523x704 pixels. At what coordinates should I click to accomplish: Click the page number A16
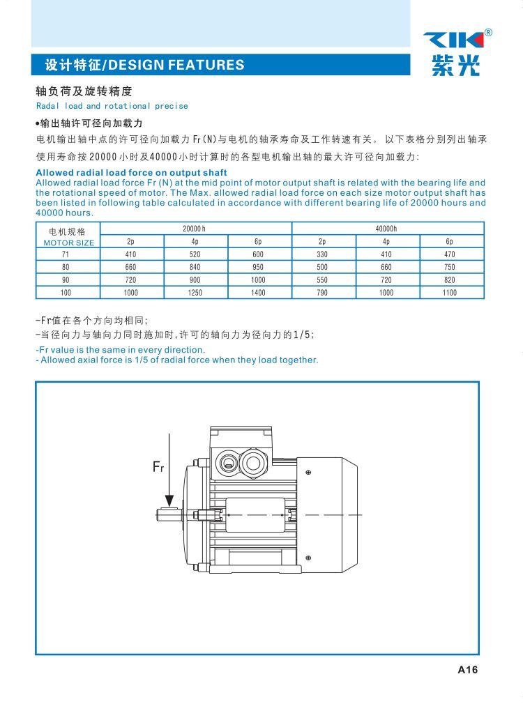(x=467, y=671)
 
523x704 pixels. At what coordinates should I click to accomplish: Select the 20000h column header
(x=195, y=229)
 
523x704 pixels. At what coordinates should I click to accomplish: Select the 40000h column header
(x=386, y=229)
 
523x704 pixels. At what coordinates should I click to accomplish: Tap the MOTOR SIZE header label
(x=68, y=243)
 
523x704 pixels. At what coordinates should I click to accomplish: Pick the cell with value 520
(x=195, y=254)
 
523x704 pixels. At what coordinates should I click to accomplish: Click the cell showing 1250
(x=195, y=293)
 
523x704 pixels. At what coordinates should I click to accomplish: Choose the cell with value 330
(x=322, y=254)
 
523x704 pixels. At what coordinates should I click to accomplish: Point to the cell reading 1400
(x=258, y=293)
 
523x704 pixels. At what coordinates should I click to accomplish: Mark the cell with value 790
(x=322, y=293)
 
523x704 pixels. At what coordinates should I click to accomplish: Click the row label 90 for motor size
(x=66, y=280)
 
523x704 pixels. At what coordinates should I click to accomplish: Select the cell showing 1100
(x=450, y=293)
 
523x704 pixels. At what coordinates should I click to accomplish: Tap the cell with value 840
(x=195, y=267)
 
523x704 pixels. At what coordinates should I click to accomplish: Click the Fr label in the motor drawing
(x=158, y=466)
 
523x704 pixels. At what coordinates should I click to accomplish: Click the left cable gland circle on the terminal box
(x=227, y=461)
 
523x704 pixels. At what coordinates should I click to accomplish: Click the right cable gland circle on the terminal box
(x=253, y=461)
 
